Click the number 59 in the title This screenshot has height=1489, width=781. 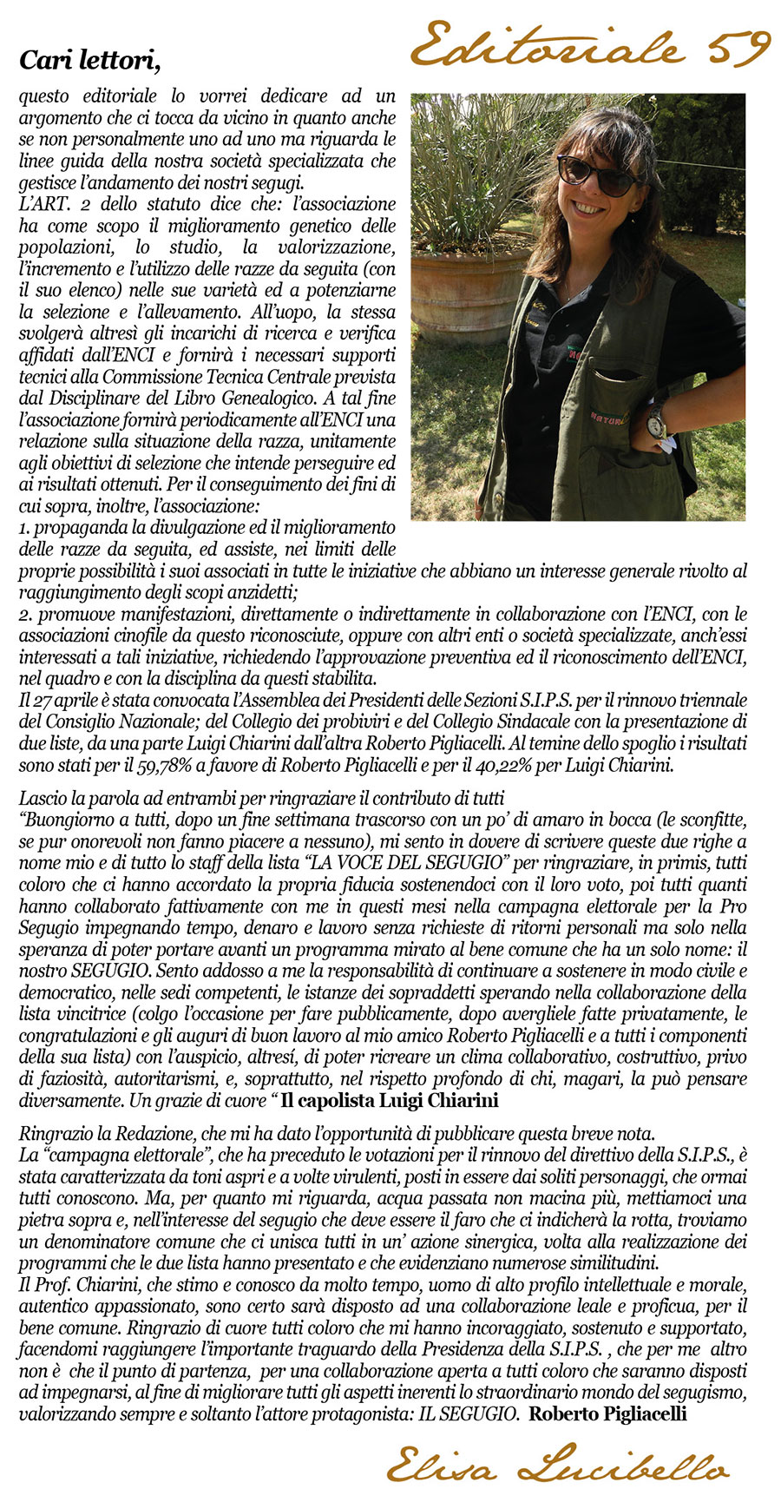pyautogui.click(x=740, y=45)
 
